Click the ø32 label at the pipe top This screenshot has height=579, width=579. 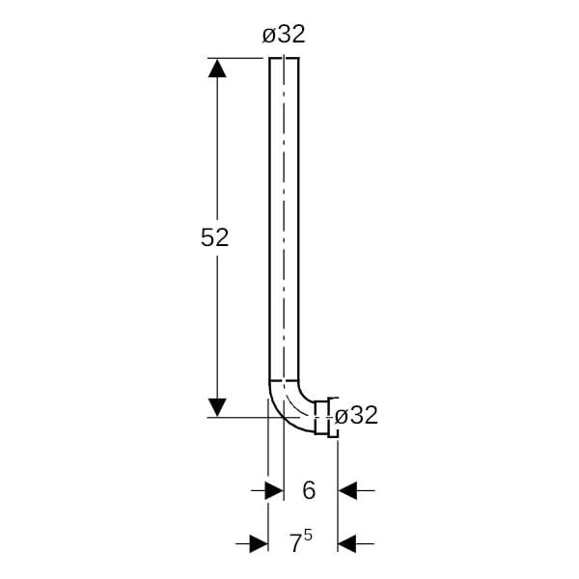(x=284, y=35)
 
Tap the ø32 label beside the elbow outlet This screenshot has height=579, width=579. (x=356, y=415)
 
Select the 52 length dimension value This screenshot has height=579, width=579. (x=214, y=237)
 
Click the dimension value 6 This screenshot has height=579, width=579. (x=309, y=490)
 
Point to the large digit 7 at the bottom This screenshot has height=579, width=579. (x=296, y=543)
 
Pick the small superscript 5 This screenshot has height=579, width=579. (x=308, y=536)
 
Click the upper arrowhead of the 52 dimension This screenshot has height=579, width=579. (x=217, y=68)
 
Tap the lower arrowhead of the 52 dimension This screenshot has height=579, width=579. (x=217, y=407)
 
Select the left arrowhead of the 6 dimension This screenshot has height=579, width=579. (x=274, y=490)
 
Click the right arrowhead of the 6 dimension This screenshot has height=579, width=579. (x=347, y=490)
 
